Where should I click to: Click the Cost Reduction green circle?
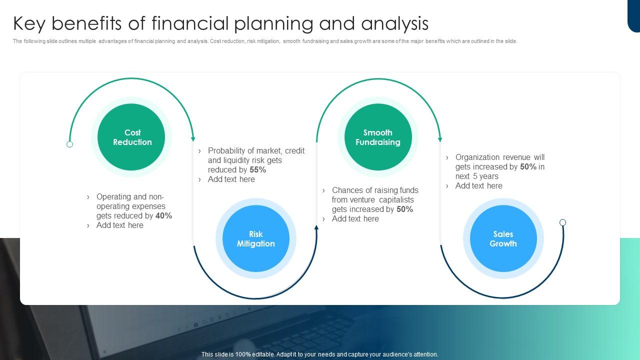[131, 137]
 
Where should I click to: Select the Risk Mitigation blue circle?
[255, 238]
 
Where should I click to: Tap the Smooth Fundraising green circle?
[378, 137]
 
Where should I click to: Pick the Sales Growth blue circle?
[503, 238]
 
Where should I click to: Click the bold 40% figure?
[163, 216]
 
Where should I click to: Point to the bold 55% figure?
[257, 170]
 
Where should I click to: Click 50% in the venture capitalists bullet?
[404, 209]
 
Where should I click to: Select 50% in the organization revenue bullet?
[528, 167]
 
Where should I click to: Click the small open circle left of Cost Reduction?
[70, 144]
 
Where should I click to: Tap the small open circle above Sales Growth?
[562, 222]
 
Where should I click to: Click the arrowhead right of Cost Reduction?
[193, 139]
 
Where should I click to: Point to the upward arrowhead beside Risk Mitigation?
[316, 227]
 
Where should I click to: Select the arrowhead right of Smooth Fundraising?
[440, 139]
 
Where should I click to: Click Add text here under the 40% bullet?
[119, 225]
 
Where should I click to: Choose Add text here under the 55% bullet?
[231, 179]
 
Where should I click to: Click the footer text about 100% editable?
[319, 354]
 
